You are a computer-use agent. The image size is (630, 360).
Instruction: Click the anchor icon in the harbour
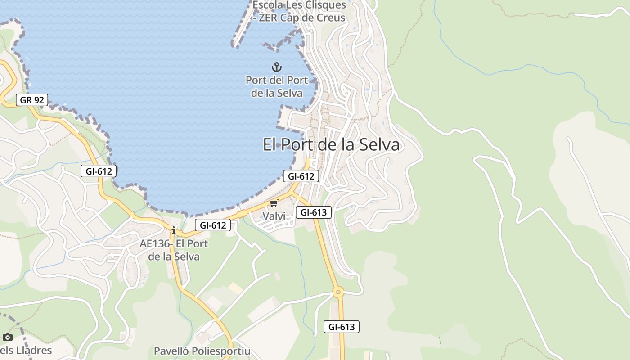(x=276, y=67)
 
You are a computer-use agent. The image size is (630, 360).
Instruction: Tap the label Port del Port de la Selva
(x=276, y=86)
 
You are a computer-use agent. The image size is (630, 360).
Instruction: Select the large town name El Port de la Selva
(x=331, y=144)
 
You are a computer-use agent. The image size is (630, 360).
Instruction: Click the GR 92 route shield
(x=32, y=100)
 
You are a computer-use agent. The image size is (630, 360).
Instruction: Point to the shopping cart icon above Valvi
(x=274, y=203)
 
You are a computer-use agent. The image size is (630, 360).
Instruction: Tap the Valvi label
(x=274, y=216)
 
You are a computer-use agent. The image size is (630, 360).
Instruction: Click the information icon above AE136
(x=174, y=231)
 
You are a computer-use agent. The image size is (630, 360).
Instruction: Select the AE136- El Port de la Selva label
(x=174, y=250)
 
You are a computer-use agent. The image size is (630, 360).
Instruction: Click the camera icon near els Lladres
(x=7, y=337)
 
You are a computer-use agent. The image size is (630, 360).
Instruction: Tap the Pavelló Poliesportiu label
(x=202, y=351)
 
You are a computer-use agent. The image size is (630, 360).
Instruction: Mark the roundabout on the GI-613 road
(x=338, y=292)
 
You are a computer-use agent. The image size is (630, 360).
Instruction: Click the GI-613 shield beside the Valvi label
(x=313, y=212)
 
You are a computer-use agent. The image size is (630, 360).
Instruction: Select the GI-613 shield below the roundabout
(x=342, y=327)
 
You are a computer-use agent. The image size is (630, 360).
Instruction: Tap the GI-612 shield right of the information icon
(x=213, y=225)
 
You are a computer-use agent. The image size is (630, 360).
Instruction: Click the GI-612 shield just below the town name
(x=301, y=176)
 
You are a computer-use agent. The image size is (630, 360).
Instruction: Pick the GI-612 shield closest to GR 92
(x=99, y=171)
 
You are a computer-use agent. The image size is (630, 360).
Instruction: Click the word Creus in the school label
(x=329, y=18)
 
